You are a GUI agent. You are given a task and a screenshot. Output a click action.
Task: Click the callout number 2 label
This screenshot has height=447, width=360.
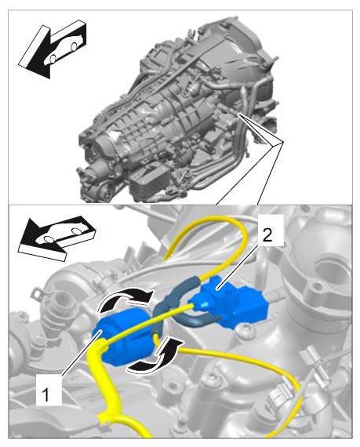pyautogui.click(x=267, y=235)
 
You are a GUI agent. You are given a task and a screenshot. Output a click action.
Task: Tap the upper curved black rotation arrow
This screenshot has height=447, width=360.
pyautogui.click(x=125, y=299)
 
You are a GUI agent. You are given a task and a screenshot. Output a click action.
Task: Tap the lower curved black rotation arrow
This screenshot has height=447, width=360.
pyautogui.click(x=155, y=357)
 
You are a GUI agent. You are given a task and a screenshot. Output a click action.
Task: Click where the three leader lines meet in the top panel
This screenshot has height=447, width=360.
pyautogui.click(x=283, y=142)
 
